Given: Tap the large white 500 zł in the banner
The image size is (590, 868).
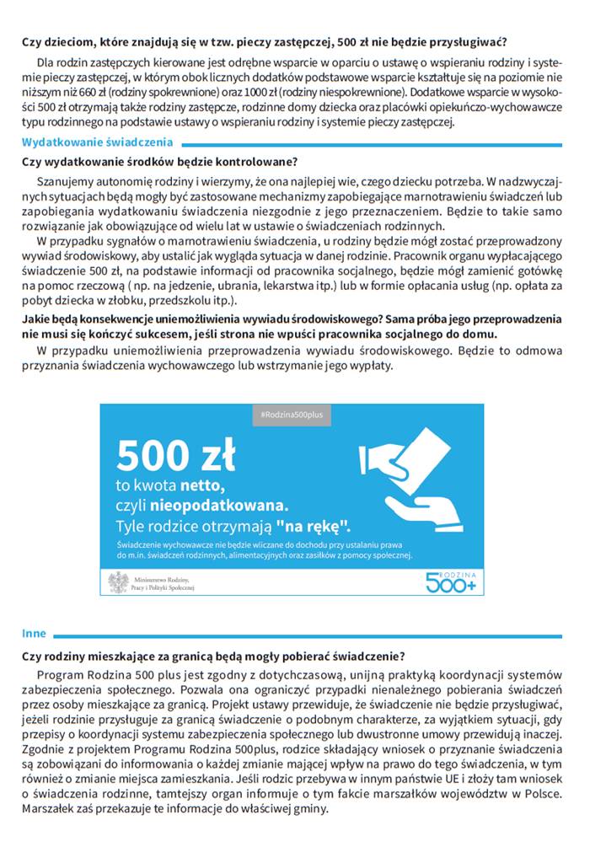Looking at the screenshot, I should point(176,456).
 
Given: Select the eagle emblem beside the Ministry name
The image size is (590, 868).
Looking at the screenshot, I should point(119,581).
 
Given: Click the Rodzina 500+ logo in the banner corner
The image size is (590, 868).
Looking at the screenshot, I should point(452,580).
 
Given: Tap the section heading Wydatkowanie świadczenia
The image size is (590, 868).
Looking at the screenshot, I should point(97,142).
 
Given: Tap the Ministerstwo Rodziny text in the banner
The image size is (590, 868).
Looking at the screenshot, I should point(163,576).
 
